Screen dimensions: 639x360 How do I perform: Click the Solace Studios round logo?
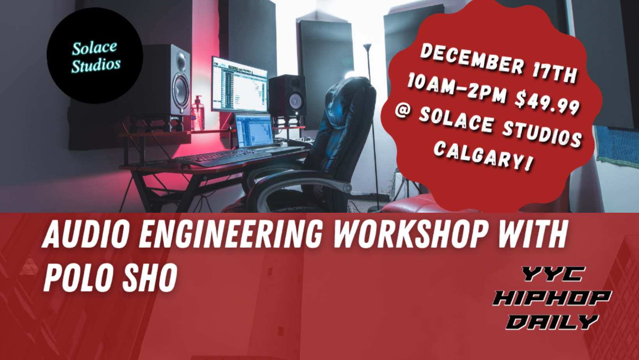[95, 55]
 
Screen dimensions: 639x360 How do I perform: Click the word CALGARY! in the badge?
[483, 156]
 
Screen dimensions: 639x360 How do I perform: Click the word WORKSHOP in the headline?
[410, 235]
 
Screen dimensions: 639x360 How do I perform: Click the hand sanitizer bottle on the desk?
[198, 113]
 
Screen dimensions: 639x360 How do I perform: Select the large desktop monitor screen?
[240, 84]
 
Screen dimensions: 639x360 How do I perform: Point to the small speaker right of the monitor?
[288, 95]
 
